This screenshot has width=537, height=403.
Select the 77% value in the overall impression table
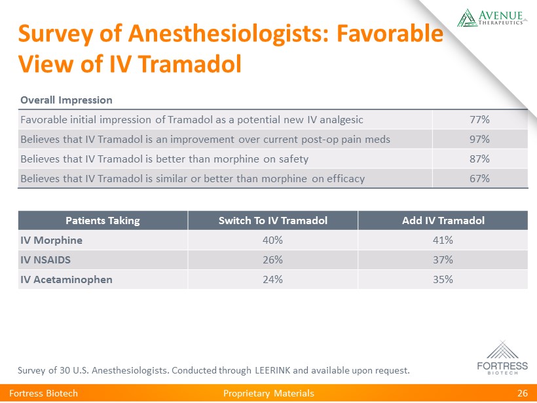(x=480, y=119)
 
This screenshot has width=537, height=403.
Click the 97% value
(x=480, y=139)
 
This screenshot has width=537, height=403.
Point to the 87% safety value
(x=480, y=159)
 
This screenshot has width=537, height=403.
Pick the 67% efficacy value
(x=480, y=178)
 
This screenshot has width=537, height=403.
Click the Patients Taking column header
(x=103, y=220)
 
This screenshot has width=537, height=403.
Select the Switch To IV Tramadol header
(x=273, y=220)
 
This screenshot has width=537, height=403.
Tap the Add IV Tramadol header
(x=443, y=220)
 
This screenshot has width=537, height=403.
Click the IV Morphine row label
(x=51, y=240)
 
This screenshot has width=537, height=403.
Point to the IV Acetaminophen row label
(x=66, y=279)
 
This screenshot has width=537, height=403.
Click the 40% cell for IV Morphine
(x=273, y=240)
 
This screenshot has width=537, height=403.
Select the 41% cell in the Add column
(x=443, y=240)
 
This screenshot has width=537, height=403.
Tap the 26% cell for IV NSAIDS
(x=273, y=259)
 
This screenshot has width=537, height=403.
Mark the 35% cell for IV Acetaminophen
(x=443, y=279)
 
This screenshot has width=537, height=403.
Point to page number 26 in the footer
(x=522, y=393)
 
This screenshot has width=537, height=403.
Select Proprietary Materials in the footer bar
(x=268, y=393)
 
